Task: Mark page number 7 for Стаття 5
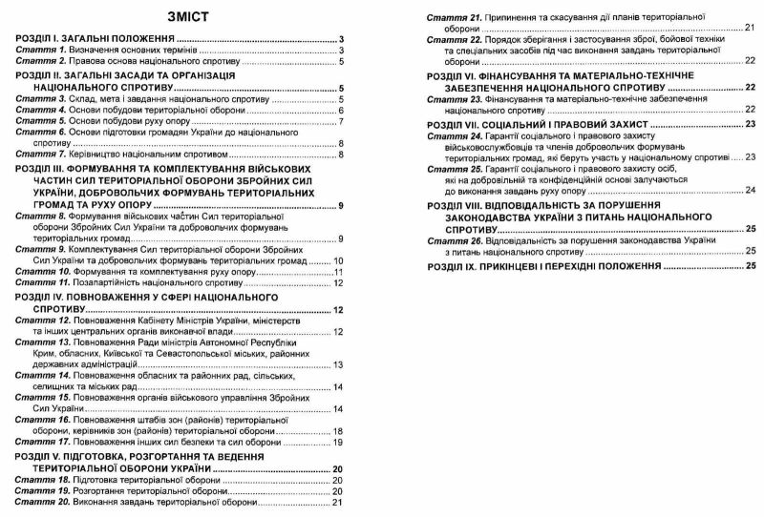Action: coord(340,122)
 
